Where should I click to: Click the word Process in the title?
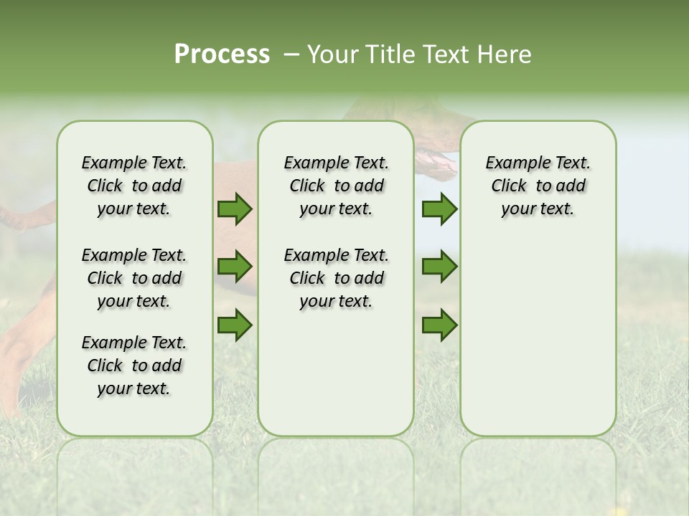[x=222, y=54]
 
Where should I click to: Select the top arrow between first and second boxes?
[x=235, y=209]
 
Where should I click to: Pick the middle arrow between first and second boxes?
[x=235, y=267]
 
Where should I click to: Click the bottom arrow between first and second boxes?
[x=235, y=325]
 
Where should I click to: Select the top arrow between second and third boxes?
[x=439, y=209]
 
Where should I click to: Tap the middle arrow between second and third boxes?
[x=439, y=267]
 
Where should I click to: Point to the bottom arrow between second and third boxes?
[x=439, y=325]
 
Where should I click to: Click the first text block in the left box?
[x=134, y=186]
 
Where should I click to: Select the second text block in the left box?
[x=134, y=278]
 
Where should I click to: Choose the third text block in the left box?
[x=134, y=365]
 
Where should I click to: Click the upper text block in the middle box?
[x=336, y=186]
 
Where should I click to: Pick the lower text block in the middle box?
[x=336, y=278]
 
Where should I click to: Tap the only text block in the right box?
[x=538, y=186]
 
